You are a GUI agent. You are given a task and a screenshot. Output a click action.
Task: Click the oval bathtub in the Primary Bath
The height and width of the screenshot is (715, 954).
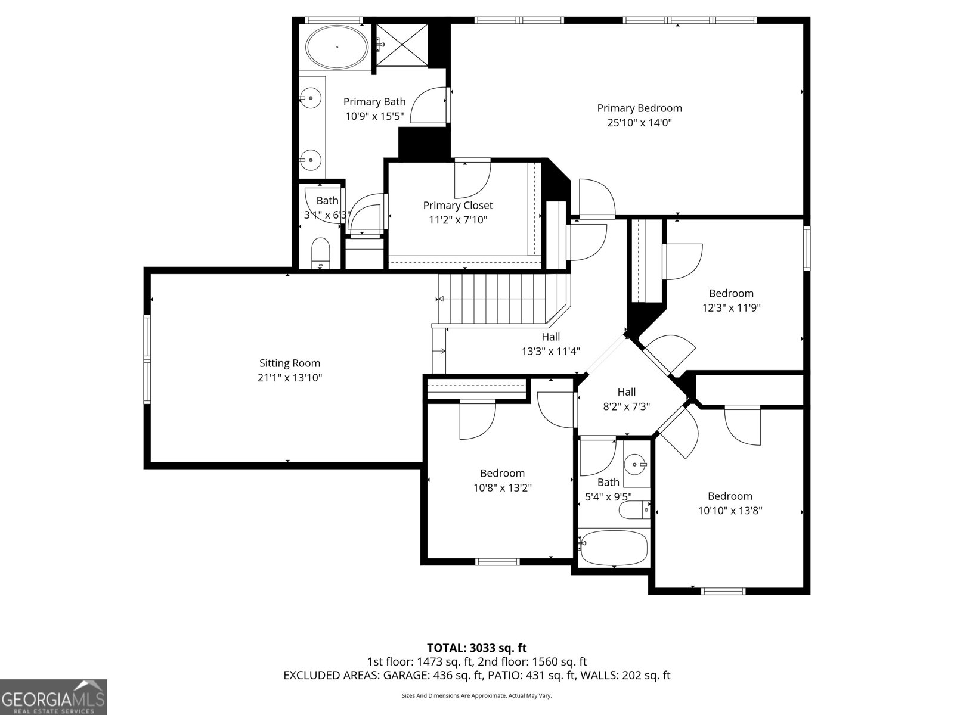coord(337,47)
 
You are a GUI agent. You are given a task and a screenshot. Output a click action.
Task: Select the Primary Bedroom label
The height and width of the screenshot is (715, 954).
coord(639,108)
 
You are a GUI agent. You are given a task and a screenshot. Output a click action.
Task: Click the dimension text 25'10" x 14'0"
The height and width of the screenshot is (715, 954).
coord(639,123)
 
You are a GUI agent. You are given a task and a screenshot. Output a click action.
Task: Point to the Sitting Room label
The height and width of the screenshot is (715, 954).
coord(290,363)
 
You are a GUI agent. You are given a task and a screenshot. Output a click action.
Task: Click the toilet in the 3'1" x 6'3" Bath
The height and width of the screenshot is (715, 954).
coord(321,254)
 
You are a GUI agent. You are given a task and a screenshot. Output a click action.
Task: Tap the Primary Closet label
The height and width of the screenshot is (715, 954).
coord(458,205)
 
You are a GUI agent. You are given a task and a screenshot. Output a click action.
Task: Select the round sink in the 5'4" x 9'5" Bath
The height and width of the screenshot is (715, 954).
coord(636,464)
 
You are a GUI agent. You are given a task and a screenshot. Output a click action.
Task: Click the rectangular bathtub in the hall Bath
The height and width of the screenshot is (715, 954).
coord(614,548)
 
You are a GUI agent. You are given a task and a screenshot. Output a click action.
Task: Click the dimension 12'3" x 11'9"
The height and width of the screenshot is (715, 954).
coord(731,308)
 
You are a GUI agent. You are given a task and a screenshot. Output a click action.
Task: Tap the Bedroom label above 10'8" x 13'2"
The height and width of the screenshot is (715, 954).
coord(502,473)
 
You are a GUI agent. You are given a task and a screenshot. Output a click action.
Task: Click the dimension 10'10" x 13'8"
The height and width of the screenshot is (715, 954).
coord(730,511)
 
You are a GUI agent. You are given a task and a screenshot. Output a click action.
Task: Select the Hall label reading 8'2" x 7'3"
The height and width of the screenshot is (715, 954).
coord(626,392)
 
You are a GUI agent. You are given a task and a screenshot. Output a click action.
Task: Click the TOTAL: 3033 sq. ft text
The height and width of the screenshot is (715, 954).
coord(476,648)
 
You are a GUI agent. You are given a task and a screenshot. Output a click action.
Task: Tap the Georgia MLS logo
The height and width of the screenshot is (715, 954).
coord(54,697)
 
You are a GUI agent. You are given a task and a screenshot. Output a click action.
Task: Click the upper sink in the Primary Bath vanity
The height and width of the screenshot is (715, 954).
coord(311,97)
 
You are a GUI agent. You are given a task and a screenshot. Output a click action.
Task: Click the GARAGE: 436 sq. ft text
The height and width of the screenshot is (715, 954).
coord(433,675)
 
